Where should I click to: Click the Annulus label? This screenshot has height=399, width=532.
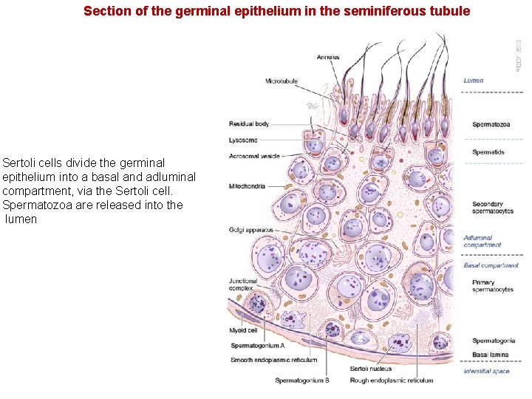[329, 57]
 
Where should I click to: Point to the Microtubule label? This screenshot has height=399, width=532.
[282, 81]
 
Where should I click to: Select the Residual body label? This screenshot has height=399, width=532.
[249, 124]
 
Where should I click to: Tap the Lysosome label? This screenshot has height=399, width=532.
[243, 140]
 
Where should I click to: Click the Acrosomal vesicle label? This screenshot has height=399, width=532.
[254, 156]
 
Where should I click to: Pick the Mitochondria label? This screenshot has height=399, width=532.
[247, 186]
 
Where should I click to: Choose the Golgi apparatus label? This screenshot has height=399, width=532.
[250, 230]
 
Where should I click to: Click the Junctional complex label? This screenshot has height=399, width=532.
[243, 284]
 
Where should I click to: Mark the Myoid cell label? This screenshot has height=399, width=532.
[243, 330]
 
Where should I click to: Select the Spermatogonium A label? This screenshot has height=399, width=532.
[257, 345]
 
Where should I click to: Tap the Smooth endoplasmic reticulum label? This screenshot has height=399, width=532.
[273, 360]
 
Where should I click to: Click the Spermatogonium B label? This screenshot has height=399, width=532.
[302, 381]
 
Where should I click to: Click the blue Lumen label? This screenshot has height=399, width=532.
[474, 81]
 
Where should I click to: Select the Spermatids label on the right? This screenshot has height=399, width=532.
[488, 152]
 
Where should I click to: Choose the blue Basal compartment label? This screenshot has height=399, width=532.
[491, 265]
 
